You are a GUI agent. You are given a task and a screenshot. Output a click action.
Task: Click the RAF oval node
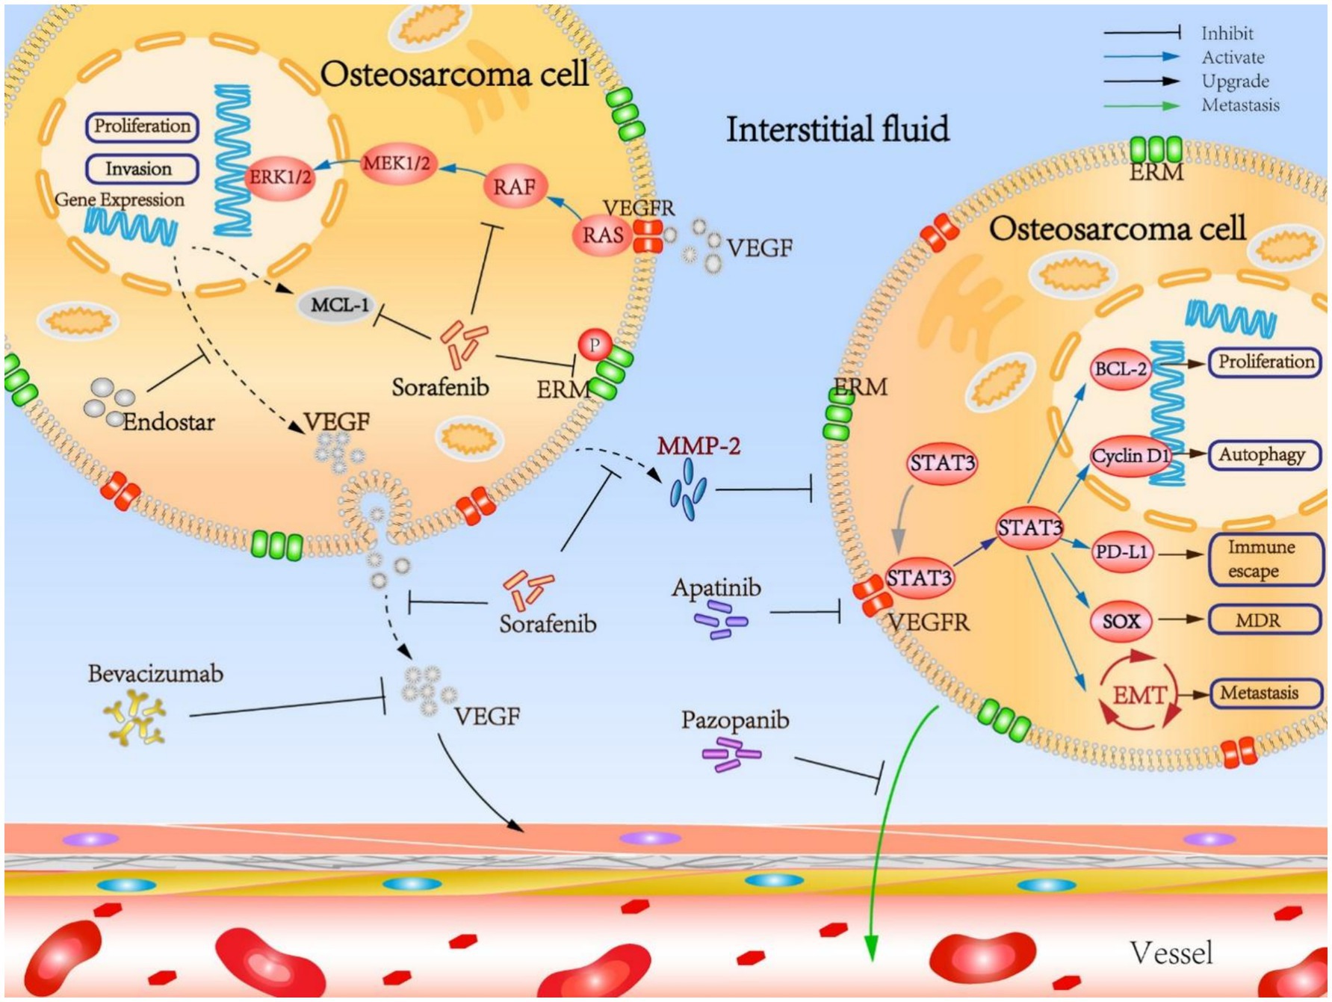coord(514,186)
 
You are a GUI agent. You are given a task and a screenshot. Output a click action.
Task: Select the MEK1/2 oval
coord(397,164)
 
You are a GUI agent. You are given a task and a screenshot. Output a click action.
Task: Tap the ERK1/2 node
coord(280,178)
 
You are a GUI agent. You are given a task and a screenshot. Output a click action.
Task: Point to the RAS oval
coord(602,235)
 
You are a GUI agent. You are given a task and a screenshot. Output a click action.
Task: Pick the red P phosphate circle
coord(595,345)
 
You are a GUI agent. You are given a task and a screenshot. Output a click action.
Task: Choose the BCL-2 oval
coord(1120,369)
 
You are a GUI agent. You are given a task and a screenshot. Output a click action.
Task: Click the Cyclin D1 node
coord(1129,456)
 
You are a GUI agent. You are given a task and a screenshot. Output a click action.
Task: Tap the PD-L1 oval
coord(1121,552)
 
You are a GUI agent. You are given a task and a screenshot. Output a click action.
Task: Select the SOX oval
coord(1121,621)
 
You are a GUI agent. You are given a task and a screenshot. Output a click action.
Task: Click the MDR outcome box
coord(1264,620)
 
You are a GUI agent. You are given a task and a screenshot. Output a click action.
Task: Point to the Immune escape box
coord(1264,559)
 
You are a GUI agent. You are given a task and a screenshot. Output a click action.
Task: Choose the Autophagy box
coord(1263,455)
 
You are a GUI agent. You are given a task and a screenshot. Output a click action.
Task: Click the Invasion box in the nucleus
coord(141,169)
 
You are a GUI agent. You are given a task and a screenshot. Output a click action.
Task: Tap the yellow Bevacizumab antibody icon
coord(134,718)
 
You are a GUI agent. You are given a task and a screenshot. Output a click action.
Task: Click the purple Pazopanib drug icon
coord(731,754)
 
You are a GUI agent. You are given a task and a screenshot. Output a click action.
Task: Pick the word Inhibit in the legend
coord(1227,34)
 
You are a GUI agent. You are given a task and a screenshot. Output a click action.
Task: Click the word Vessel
coord(1171,953)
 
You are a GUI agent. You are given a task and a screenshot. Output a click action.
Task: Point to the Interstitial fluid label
coord(837,129)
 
